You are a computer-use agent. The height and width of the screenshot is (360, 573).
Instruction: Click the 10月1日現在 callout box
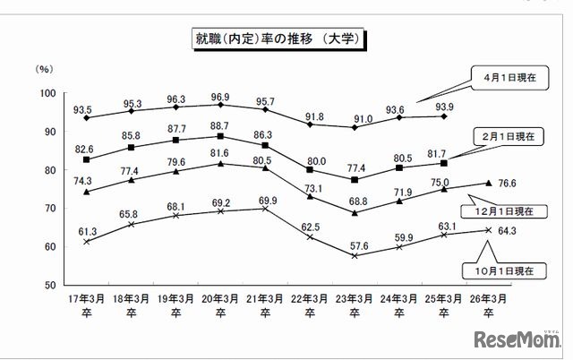click(494, 269)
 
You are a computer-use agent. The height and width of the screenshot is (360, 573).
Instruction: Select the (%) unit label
click(42, 68)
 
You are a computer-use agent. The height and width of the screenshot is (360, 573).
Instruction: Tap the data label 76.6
click(508, 184)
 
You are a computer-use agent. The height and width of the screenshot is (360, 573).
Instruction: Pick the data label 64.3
click(508, 230)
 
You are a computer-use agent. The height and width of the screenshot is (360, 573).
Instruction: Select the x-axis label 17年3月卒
click(86, 305)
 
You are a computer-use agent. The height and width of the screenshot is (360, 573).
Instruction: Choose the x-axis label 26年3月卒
click(488, 305)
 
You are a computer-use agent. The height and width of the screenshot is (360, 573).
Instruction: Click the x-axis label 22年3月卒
click(310, 305)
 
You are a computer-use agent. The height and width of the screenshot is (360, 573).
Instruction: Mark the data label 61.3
click(86, 230)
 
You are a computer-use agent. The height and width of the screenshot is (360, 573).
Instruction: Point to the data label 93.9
click(445, 107)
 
